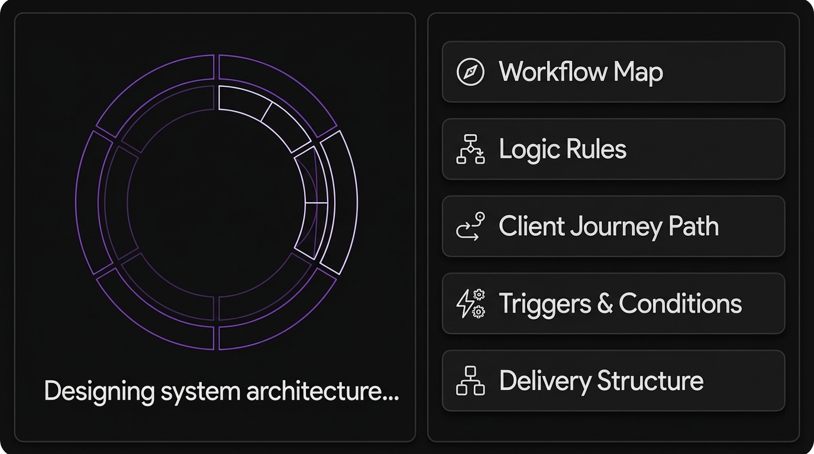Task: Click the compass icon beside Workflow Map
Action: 470,72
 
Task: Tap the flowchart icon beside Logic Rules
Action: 470,149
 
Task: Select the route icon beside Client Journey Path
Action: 470,226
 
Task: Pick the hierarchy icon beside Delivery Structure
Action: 470,381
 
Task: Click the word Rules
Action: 596,149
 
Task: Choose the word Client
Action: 531,226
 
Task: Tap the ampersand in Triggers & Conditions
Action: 604,304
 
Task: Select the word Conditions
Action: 680,304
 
